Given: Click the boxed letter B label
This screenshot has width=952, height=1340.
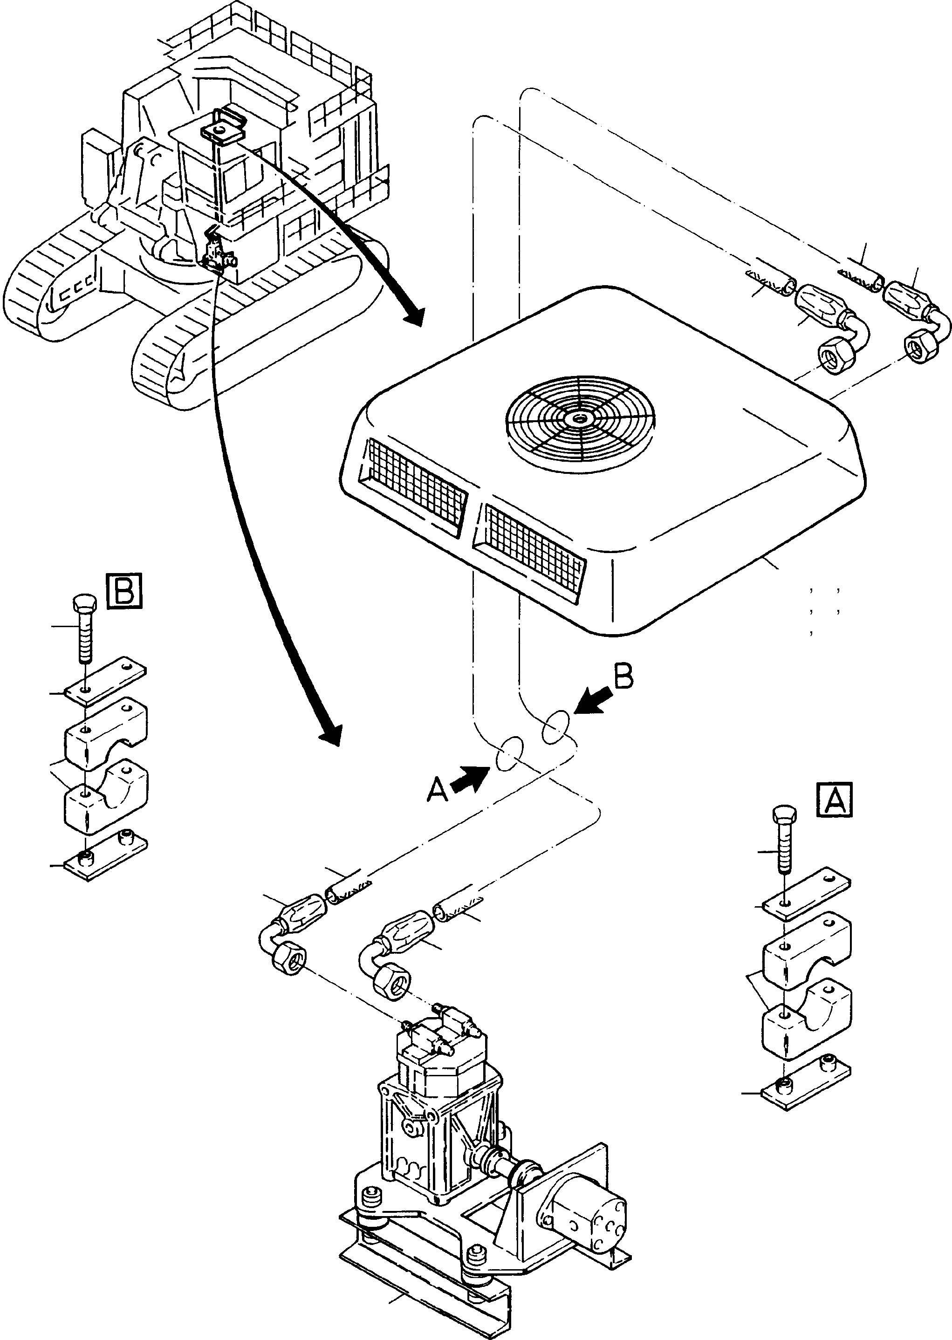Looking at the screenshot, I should tap(125, 590).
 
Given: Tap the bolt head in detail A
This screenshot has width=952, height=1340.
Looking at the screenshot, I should tap(784, 815).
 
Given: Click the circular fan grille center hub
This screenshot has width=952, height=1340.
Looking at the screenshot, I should tap(580, 418).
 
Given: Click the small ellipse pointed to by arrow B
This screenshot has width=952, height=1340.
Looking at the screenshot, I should tap(555, 727).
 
